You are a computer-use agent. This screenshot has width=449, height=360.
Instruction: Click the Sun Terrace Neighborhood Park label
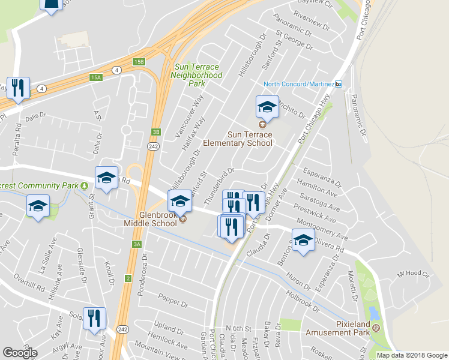pyautogui.click(x=196, y=76)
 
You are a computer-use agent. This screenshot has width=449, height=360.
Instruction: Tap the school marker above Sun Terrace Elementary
pyautogui.click(x=267, y=108)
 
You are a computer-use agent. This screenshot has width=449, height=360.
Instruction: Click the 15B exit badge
pyautogui.click(x=139, y=62)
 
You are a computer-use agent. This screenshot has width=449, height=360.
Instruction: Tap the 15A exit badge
pyautogui.click(x=96, y=77)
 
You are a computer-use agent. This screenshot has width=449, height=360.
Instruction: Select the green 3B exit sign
pyautogui.click(x=155, y=132)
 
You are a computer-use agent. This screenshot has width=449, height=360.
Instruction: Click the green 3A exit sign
pyautogui.click(x=137, y=244)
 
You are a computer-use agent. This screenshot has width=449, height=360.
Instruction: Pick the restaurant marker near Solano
pyautogui.click(x=94, y=319)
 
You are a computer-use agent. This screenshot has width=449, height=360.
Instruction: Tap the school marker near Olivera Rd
pyautogui.click(x=303, y=241)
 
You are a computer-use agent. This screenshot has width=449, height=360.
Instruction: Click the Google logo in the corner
pyautogui.click(x=20, y=353)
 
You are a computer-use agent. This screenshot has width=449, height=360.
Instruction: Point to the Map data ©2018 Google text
pyautogui.click(x=412, y=355)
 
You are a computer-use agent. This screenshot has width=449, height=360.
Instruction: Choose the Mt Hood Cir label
pyautogui.click(x=414, y=274)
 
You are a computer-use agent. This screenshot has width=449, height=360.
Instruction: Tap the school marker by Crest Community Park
pyautogui.click(x=37, y=207)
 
